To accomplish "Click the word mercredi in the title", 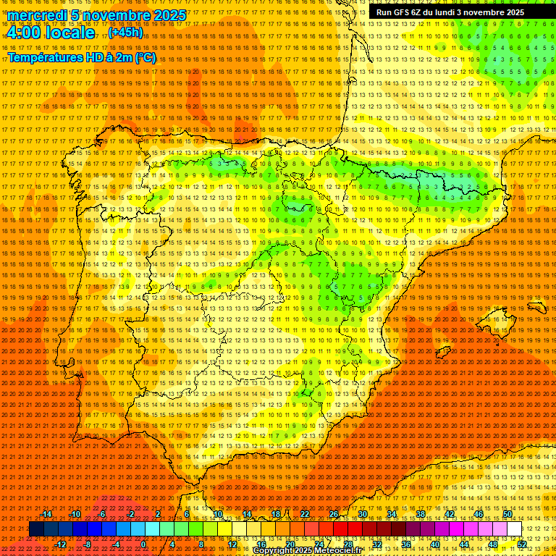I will click(x=33, y=15).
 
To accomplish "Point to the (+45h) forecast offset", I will click(x=125, y=33).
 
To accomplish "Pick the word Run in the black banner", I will click(x=384, y=12).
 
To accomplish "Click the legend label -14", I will click(x=46, y=514).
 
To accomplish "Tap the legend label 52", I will click(x=522, y=544).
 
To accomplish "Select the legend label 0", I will click(x=143, y=544).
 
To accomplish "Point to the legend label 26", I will click(x=333, y=514).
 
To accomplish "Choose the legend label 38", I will click(x=420, y=514).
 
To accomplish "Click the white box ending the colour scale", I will click(x=514, y=529).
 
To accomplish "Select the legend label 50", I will click(x=507, y=514).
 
